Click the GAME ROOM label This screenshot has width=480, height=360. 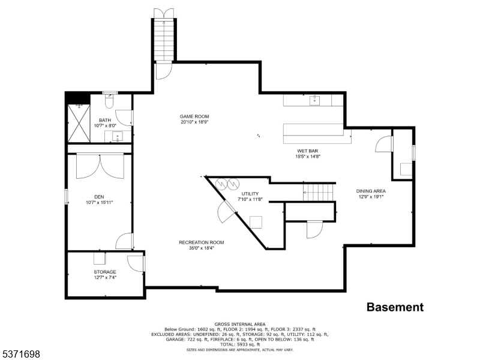tap(194, 116)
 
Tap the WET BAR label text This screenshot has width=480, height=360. tap(309, 151)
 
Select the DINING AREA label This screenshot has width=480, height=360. tap(370, 191)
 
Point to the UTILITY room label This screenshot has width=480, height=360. tap(250, 194)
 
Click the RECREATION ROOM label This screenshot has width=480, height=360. tap(201, 242)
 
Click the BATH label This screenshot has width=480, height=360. tap(105, 120)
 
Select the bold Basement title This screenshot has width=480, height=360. tap(395, 307)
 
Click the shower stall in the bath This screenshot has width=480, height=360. tap(80, 123)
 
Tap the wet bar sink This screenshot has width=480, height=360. tap(315, 100)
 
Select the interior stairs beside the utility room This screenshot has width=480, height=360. tap(318, 193)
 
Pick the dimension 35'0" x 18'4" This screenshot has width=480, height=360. tap(201, 248)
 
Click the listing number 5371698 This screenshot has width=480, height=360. tap(20, 355)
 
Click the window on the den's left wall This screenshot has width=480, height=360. tap(67, 196)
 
